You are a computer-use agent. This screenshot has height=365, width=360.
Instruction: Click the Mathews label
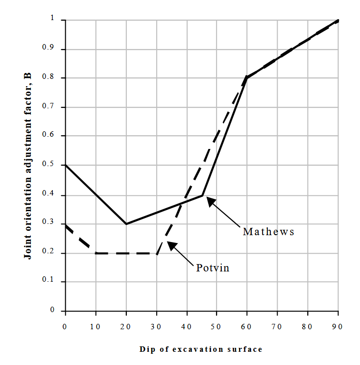[268, 232]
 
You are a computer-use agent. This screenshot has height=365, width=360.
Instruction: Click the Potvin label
[213, 268]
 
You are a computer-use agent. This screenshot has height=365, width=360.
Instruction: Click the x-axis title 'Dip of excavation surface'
[201, 349]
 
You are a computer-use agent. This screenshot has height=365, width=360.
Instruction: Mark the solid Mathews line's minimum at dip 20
[126, 224]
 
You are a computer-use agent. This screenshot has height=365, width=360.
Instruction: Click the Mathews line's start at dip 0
[66, 165]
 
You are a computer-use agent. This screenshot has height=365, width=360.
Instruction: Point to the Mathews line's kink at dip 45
[202, 195]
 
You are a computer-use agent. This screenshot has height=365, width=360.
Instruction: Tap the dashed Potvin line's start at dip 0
[66, 225]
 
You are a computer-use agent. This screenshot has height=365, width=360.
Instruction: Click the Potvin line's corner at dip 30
[156, 253]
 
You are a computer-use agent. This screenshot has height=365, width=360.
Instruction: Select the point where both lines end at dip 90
[338, 21]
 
